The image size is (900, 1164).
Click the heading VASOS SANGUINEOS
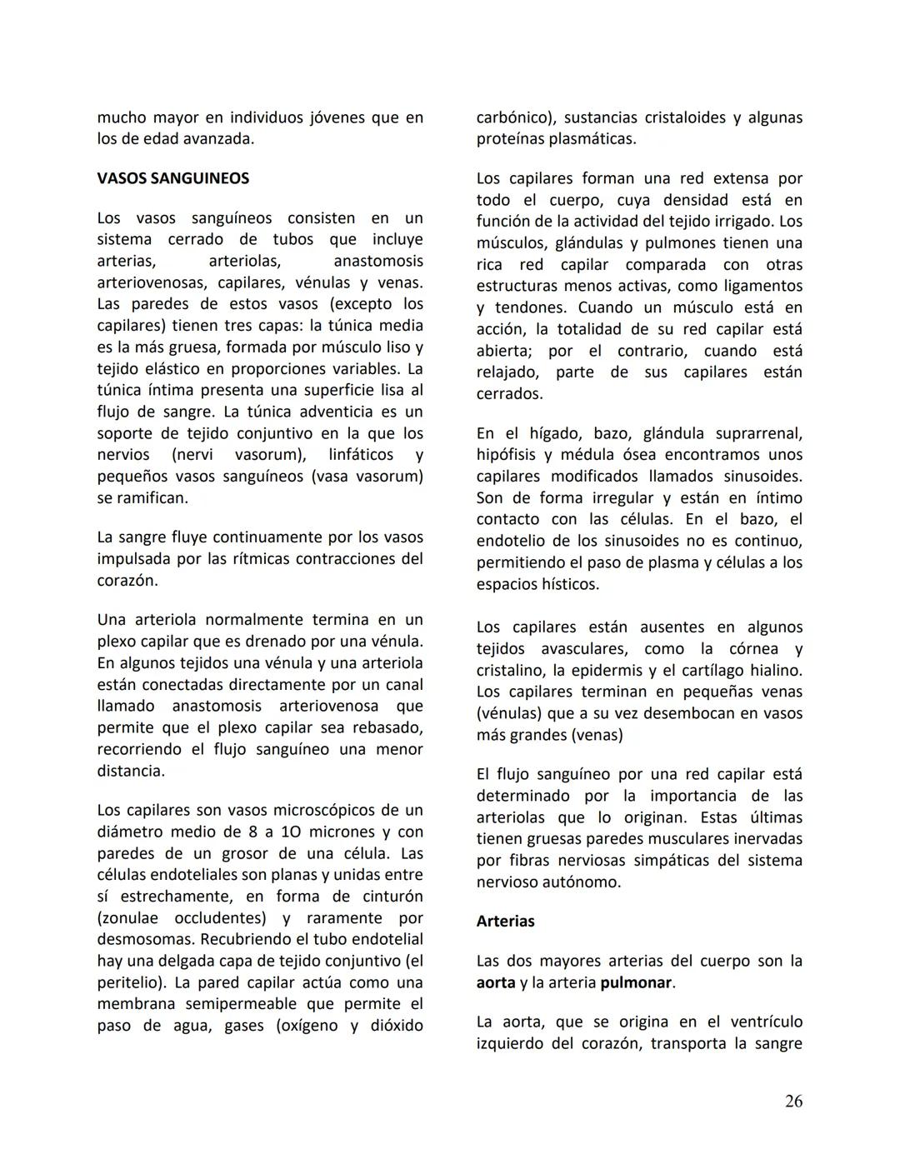(x=172, y=178)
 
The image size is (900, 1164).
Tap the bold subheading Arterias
(x=505, y=922)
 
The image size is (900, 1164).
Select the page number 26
(x=793, y=1102)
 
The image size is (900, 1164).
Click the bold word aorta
(x=496, y=982)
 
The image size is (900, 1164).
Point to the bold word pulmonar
(x=636, y=982)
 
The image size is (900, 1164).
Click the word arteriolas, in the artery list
(x=244, y=261)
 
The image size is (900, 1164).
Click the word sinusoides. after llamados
(x=757, y=477)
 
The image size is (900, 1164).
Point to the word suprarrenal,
(x=753, y=433)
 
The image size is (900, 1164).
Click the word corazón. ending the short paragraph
(x=127, y=581)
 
